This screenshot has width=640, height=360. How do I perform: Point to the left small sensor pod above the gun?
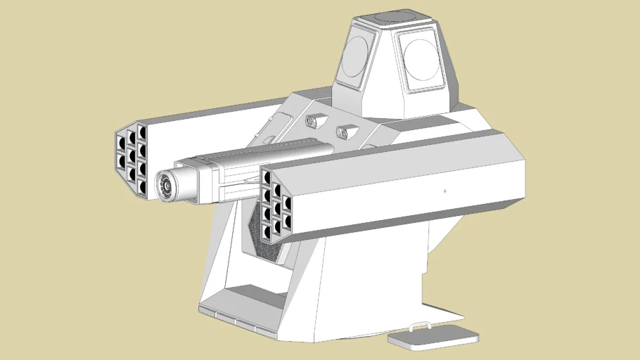(312, 122)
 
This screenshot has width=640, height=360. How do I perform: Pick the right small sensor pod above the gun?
(345, 131)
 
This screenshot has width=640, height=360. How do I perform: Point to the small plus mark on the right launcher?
(444, 191)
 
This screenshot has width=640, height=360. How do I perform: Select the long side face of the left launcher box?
(211, 127)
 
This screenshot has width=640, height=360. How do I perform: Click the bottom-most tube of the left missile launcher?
(142, 186)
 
